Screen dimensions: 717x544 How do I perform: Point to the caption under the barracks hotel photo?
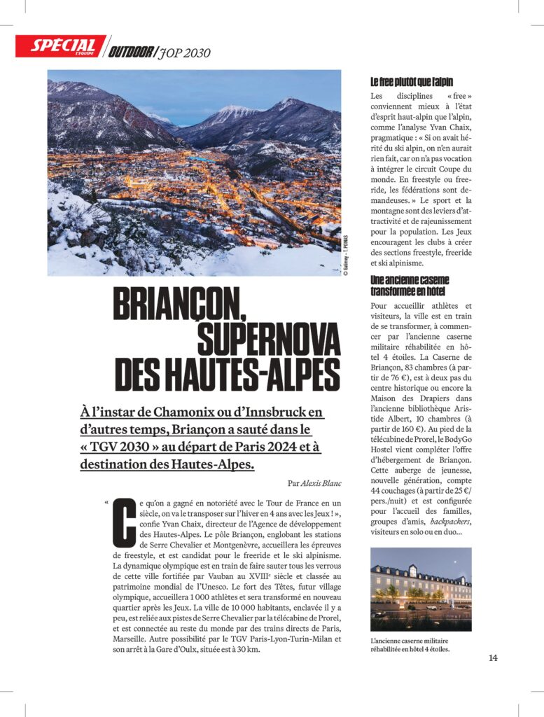click(x=410, y=645)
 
